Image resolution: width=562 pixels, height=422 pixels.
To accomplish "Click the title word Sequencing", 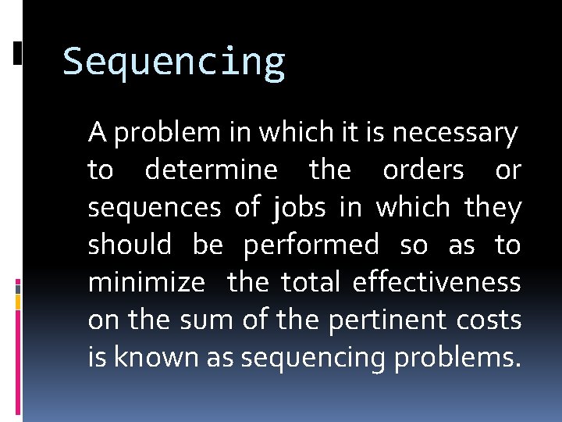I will click(x=174, y=63).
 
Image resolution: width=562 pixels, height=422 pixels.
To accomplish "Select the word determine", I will click(x=211, y=170).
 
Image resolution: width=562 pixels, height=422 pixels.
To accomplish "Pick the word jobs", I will click(x=300, y=208).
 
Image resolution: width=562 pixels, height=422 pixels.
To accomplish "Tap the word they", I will click(x=493, y=207).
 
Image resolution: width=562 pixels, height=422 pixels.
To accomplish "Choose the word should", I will click(x=130, y=245).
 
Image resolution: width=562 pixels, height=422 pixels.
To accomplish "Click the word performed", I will click(x=311, y=245).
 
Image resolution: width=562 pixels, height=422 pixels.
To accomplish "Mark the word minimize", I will click(x=146, y=282).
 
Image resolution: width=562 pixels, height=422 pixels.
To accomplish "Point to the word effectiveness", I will click(x=436, y=282).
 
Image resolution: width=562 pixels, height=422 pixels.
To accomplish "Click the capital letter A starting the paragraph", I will click(x=97, y=133).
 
